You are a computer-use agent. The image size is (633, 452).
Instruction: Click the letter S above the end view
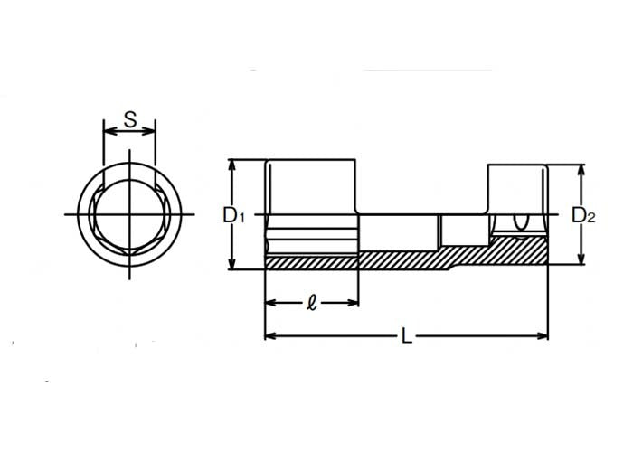129,118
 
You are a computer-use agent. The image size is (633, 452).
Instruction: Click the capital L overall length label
407,337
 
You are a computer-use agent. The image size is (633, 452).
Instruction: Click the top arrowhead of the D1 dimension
233,165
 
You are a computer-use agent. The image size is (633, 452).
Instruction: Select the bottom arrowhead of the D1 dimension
233,265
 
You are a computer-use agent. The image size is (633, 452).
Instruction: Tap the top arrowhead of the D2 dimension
578,168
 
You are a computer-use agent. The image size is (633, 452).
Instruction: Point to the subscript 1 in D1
241,218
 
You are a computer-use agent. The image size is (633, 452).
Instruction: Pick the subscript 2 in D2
590,218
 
